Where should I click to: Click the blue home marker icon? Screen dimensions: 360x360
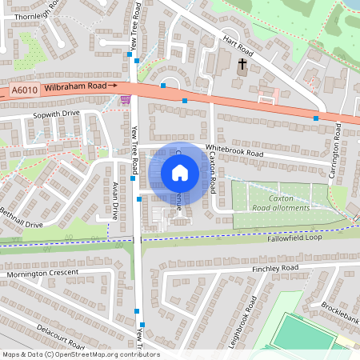pos(179,173)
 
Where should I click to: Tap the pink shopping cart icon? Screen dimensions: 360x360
pos(125,100)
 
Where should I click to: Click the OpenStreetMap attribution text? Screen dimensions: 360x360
pos(81,354)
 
